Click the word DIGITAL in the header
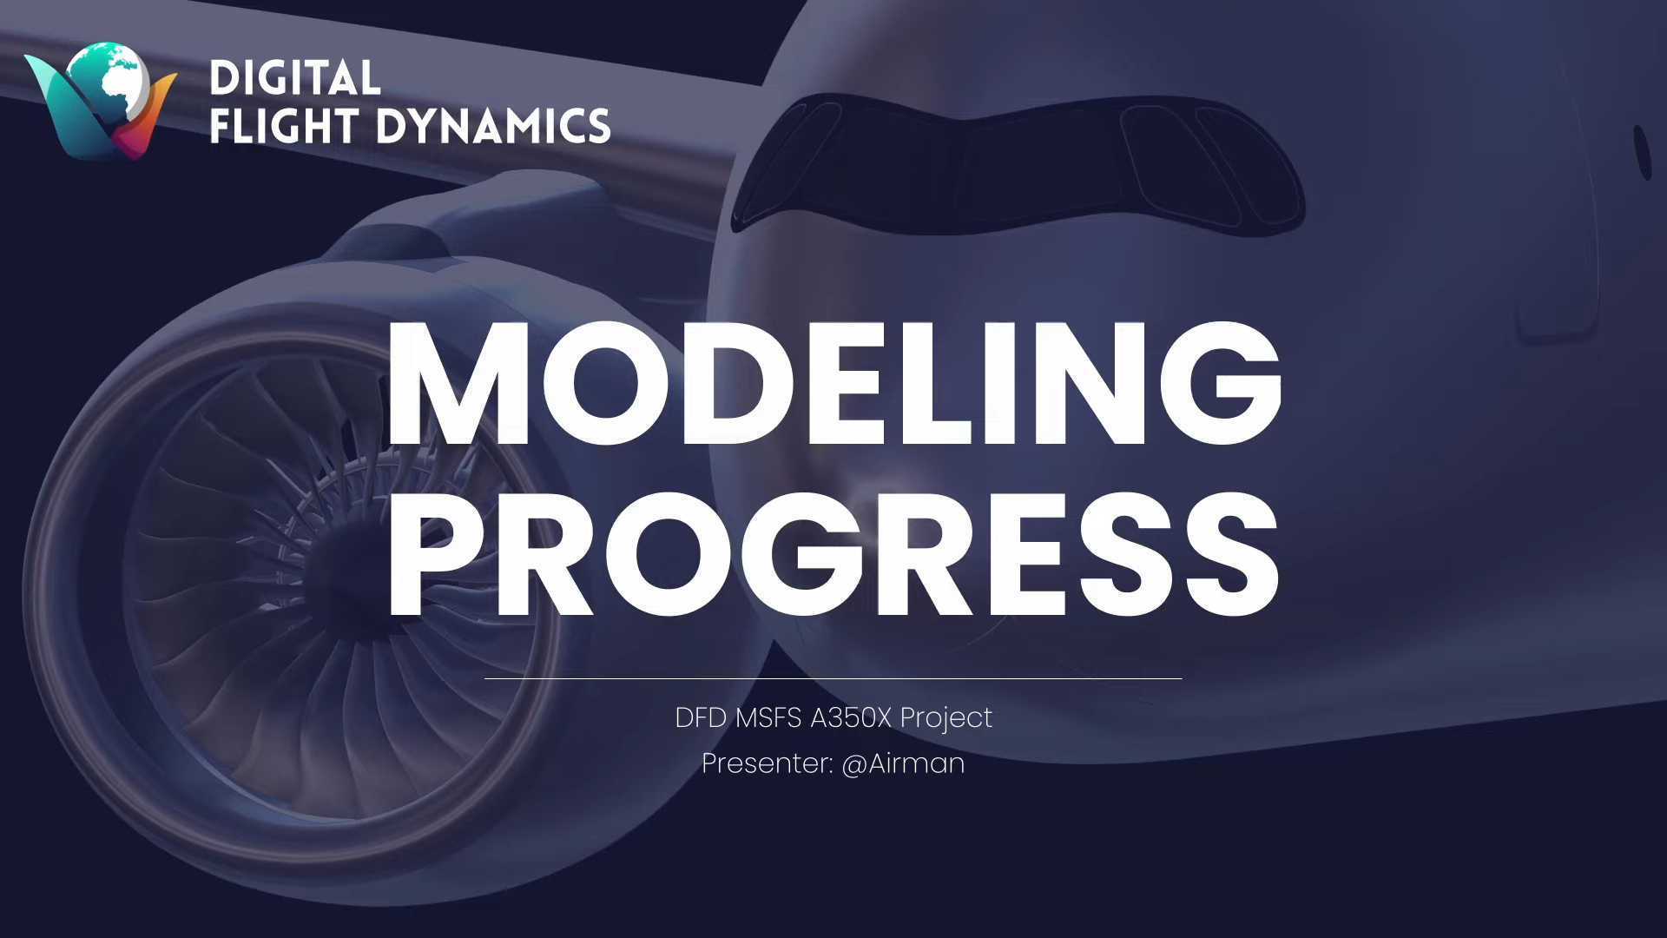click(x=295, y=78)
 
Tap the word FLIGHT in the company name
click(x=284, y=126)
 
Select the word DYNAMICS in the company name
click(x=494, y=126)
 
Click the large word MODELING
click(x=834, y=382)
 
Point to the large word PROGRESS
click(x=834, y=554)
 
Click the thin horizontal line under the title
click(x=833, y=678)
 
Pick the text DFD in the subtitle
click(x=701, y=718)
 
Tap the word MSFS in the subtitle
click(x=768, y=718)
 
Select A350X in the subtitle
click(x=851, y=718)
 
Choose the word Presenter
click(x=768, y=763)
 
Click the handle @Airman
click(x=904, y=764)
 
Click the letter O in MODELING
click(x=606, y=382)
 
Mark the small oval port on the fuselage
click(x=1642, y=153)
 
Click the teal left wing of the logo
click(x=65, y=109)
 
